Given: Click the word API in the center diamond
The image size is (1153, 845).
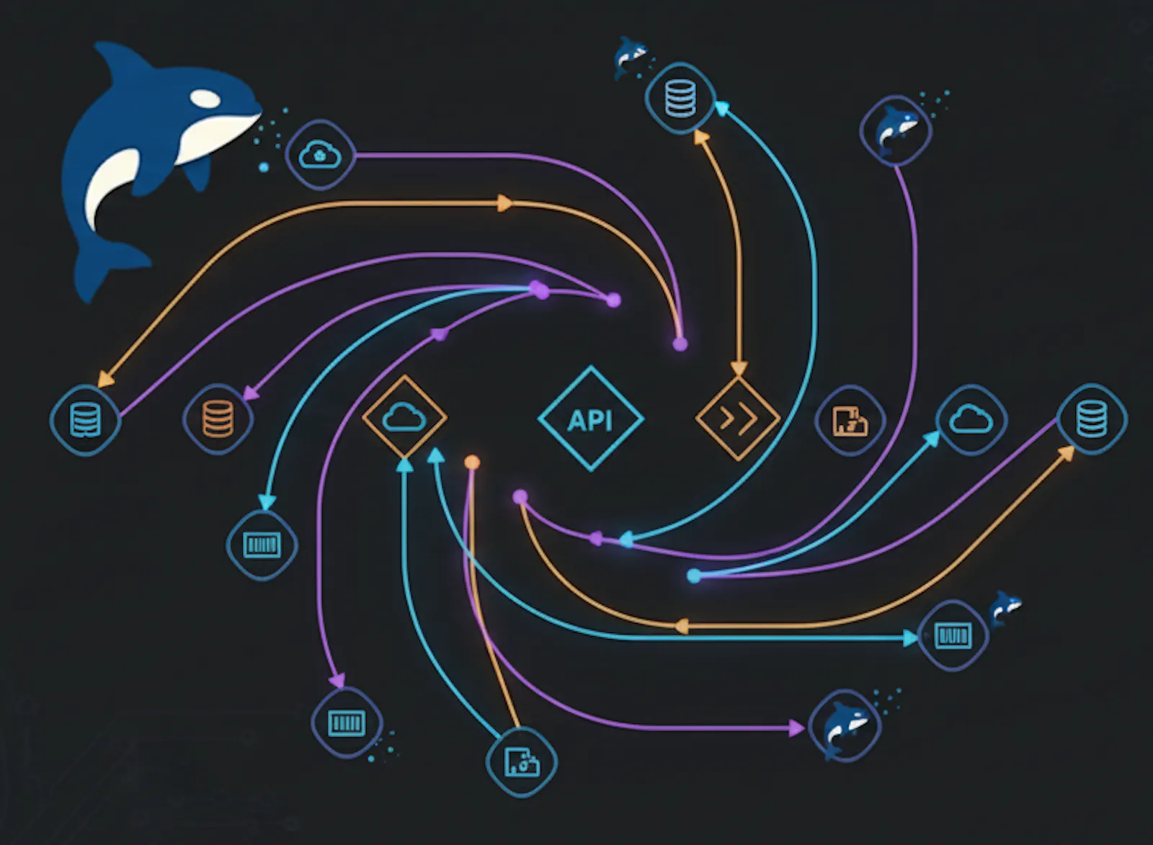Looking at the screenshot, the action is tap(590, 421).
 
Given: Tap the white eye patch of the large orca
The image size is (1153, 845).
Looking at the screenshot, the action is tap(205, 98).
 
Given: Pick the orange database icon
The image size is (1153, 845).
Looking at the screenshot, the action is tap(218, 419).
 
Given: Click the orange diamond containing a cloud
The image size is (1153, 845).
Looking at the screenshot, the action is tap(404, 416).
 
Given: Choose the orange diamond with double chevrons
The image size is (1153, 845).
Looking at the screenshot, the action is tap(738, 418).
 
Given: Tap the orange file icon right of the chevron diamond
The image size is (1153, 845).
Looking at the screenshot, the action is tap(850, 421).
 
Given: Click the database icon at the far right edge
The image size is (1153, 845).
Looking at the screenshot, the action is tap(1092, 419).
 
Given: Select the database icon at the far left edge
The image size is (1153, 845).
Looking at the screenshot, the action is tap(86, 420).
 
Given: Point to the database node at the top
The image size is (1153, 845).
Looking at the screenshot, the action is tap(680, 98).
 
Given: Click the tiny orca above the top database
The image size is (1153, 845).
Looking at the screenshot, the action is tap(630, 57).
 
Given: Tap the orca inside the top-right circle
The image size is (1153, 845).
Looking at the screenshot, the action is tap(896, 130).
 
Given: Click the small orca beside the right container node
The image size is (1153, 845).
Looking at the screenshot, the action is tap(1005, 607).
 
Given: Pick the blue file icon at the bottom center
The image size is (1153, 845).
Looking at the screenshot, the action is tap(522, 762).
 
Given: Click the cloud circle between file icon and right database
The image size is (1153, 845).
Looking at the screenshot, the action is tap(971, 419).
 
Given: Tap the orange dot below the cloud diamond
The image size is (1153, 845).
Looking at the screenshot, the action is tap(472, 462).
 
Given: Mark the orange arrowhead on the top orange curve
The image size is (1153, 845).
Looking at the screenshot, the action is tap(505, 202).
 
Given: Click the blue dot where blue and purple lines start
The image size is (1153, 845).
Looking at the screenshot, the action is tap(694, 576).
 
